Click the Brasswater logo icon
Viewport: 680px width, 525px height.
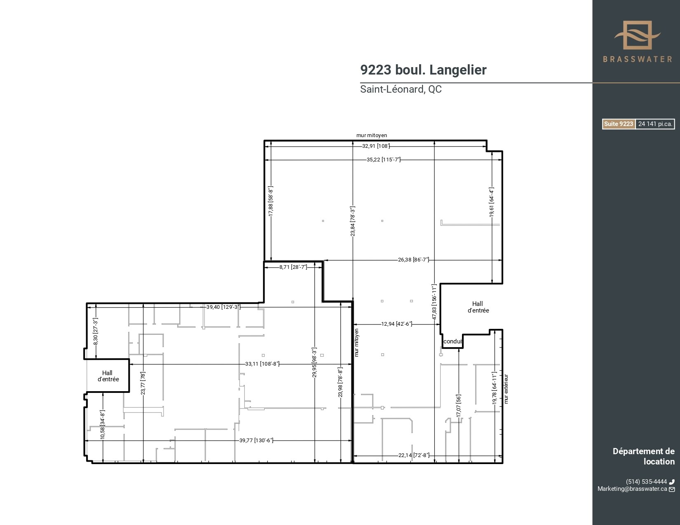pos(637,35)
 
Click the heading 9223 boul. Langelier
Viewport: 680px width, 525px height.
pos(423,70)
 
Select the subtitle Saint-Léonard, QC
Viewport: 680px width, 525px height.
pos(401,89)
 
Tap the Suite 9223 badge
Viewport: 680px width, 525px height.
pos(618,124)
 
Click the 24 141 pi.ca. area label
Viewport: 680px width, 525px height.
pos(655,124)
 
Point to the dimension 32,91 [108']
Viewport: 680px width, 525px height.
pos(376,146)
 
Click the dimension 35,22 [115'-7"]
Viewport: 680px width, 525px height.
pos(383,160)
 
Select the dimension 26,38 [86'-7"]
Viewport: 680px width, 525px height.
pos(413,260)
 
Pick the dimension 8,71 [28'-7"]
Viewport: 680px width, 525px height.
pos(293,267)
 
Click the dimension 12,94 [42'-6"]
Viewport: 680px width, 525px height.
pos(396,324)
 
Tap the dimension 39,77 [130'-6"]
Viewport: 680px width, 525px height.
pos(256,441)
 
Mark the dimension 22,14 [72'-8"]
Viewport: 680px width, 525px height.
pos(413,455)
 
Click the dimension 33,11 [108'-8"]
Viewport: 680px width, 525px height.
pos(262,364)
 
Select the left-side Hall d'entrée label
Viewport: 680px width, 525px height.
pos(108,376)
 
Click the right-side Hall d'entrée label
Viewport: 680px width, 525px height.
pos(478,307)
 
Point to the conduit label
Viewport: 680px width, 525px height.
pos(453,341)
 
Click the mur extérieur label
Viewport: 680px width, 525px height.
pos(506,389)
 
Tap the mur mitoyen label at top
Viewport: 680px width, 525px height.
pos(371,135)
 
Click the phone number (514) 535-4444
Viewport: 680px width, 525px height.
pos(646,482)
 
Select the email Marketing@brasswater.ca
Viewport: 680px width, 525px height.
pos(632,489)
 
